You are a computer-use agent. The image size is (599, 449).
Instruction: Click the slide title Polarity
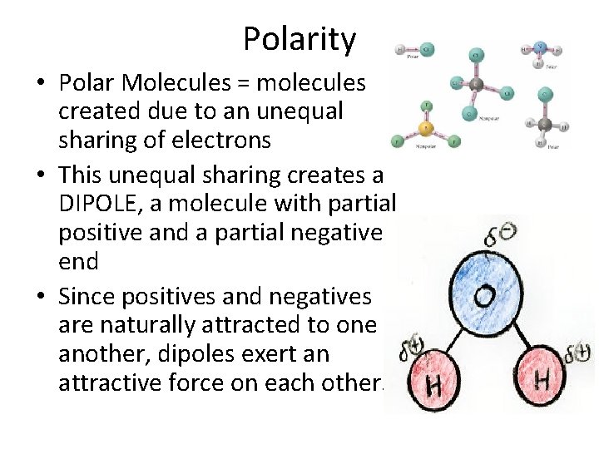(299, 39)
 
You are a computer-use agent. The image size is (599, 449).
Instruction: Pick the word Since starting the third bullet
(86, 295)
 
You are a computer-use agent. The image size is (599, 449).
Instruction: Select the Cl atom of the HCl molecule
(426, 49)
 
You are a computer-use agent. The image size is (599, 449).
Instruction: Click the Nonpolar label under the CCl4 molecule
(491, 119)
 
